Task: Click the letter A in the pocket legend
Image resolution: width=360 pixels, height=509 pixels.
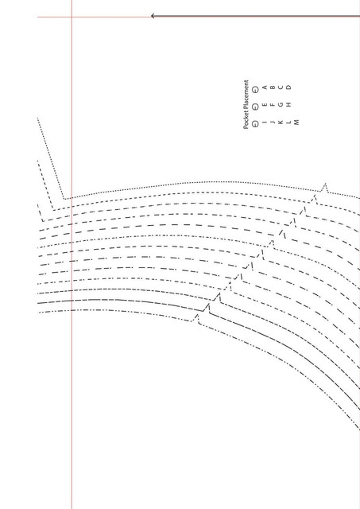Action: click(x=265, y=87)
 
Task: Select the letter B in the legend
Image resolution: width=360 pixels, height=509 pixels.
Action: click(x=273, y=87)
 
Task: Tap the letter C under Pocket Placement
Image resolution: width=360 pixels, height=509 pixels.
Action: click(x=281, y=87)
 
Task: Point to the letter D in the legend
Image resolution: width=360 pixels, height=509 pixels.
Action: click(x=289, y=87)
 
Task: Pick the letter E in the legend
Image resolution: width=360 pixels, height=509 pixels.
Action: click(x=265, y=104)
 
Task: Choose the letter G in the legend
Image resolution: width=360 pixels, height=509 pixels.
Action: click(x=281, y=104)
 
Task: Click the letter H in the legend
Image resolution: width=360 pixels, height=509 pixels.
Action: click(x=289, y=104)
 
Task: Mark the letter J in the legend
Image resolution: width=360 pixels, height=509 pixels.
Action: click(x=273, y=122)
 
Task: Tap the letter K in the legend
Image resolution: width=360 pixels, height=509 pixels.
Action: click(x=281, y=122)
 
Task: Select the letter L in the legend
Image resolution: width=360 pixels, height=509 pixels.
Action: click(x=289, y=122)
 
